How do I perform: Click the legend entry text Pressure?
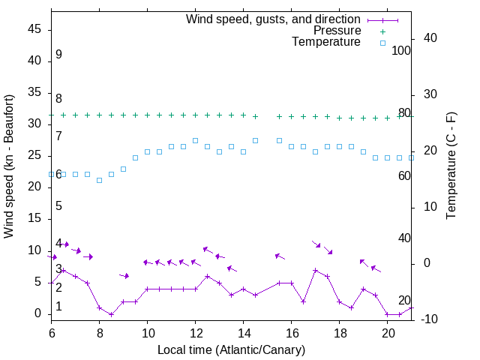pyautogui.click(x=337, y=31)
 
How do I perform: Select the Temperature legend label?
pyautogui.click(x=326, y=42)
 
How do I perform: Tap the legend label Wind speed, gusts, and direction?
pyautogui.click(x=274, y=19)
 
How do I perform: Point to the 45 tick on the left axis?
pyautogui.click(x=34, y=29)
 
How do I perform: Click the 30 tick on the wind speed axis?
pyautogui.click(x=34, y=124)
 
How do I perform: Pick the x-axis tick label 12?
pyautogui.click(x=196, y=332)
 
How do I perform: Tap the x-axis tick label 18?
pyautogui.click(x=340, y=332)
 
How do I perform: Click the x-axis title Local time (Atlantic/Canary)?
pyautogui.click(x=231, y=349)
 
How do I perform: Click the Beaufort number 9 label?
pyautogui.click(x=58, y=55)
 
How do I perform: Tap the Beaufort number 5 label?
pyautogui.click(x=58, y=206)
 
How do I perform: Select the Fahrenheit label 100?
pyautogui.click(x=402, y=51)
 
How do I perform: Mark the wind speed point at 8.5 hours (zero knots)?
pyautogui.click(x=111, y=314)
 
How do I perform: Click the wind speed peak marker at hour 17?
pyautogui.click(x=316, y=270)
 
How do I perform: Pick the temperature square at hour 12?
pyautogui.click(x=195, y=140)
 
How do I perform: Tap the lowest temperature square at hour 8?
pyautogui.click(x=99, y=180)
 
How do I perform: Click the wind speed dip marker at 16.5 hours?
pyautogui.click(x=304, y=301)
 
